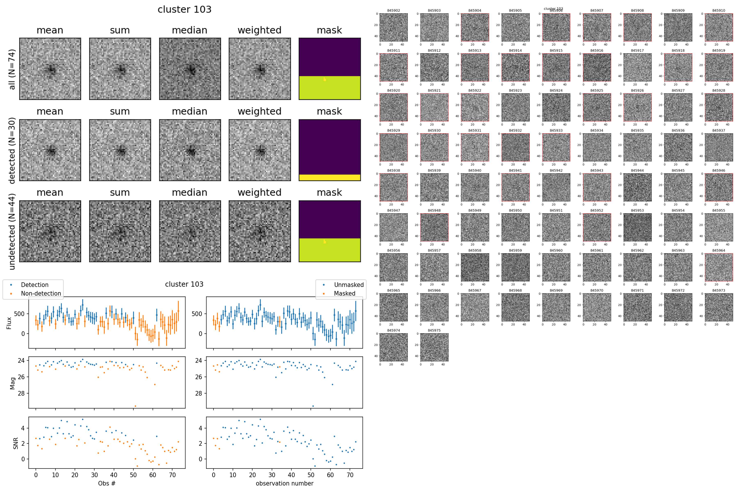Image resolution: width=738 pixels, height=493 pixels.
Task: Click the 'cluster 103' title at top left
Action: coord(184,9)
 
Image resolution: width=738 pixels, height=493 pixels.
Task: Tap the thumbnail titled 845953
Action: coord(637,227)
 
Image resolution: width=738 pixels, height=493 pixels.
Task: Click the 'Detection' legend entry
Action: coord(35,285)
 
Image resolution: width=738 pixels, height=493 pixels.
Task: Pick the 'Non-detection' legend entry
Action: coord(41,293)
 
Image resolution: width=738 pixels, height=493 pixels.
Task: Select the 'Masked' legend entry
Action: coord(344,293)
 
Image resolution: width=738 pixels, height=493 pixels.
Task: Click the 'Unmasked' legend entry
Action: coord(348,285)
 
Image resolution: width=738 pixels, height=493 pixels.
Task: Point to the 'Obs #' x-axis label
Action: coord(107,483)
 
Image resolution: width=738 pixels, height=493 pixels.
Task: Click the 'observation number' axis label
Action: coord(285,483)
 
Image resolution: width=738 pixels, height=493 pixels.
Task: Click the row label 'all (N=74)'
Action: coord(12,69)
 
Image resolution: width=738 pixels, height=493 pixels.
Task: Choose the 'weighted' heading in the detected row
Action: coord(259,111)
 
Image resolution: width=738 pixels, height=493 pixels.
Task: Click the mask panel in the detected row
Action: coord(329,150)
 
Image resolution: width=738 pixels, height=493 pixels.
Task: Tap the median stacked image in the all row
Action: coord(190,69)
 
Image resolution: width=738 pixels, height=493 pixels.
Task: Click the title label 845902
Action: coord(394,10)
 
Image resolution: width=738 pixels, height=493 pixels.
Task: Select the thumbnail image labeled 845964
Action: coord(719,267)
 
